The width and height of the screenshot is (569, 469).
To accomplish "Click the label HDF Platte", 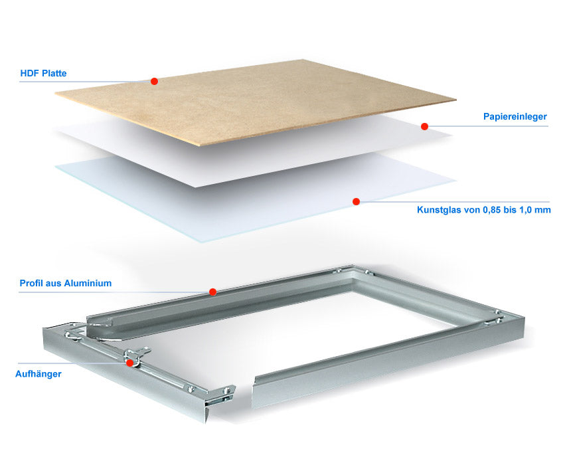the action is pyautogui.click(x=43, y=73).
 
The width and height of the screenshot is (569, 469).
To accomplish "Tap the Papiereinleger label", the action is pyautogui.click(x=515, y=116).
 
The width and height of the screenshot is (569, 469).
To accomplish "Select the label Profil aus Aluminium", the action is pyautogui.click(x=65, y=283).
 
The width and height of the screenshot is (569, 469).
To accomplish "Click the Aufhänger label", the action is pyautogui.click(x=38, y=374).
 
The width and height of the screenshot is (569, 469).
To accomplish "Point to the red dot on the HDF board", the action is pyautogui.click(x=154, y=81).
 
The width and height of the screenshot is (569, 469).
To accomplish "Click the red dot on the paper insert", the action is pyautogui.click(x=424, y=126).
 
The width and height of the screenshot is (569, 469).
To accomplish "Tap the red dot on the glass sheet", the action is pyautogui.click(x=356, y=201).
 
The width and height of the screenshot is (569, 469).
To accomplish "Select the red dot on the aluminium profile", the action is pyautogui.click(x=213, y=292).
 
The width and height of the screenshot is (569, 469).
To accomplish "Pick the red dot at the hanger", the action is pyautogui.click(x=129, y=363).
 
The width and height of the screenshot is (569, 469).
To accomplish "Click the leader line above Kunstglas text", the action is pyautogui.click(x=454, y=202).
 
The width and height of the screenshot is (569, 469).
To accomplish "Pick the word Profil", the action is pyautogui.click(x=29, y=283).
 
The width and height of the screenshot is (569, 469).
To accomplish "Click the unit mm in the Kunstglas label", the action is pyautogui.click(x=544, y=211).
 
